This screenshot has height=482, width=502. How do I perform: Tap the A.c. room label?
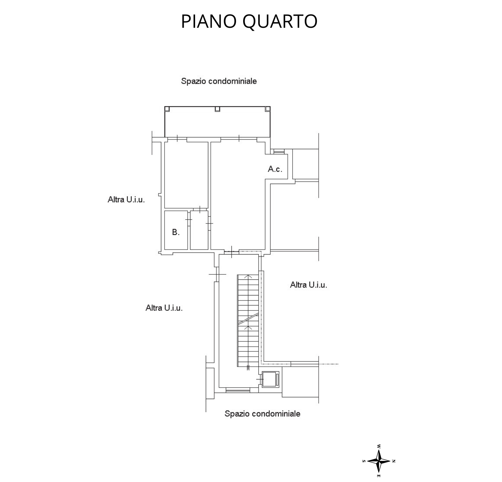[275, 169]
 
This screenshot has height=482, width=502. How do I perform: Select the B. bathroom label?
[176, 232]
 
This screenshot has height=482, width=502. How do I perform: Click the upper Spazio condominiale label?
[219, 81]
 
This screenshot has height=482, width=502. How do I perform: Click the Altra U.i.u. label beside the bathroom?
[126, 199]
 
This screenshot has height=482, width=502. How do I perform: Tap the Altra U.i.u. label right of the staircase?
[309, 285]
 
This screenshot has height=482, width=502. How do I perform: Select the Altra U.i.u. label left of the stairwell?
[164, 308]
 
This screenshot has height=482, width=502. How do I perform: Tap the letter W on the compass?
[378, 446]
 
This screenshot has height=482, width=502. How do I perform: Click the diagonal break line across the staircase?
[248, 319]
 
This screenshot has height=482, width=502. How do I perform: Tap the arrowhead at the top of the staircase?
[248, 277]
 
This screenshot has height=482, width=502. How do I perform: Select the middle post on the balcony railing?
[218, 109]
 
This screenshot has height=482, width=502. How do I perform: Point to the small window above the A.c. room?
[279, 151]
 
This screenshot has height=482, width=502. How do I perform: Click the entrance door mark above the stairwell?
[231, 252]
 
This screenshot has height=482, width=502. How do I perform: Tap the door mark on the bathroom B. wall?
[189, 220]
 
